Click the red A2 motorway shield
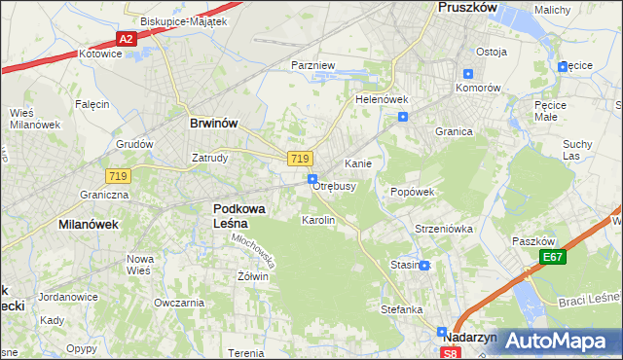[x=125, y=39]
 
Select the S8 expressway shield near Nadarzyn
[x=450, y=353]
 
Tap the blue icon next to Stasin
[x=424, y=265]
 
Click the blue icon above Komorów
[x=468, y=74]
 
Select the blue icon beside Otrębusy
[x=312, y=179]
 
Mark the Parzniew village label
[x=313, y=65]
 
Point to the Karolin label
[x=318, y=221]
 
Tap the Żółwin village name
[x=252, y=276]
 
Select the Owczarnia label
[x=178, y=303]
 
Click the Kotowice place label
[x=100, y=54]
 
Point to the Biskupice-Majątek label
[x=183, y=20]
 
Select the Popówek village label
[x=412, y=192]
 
